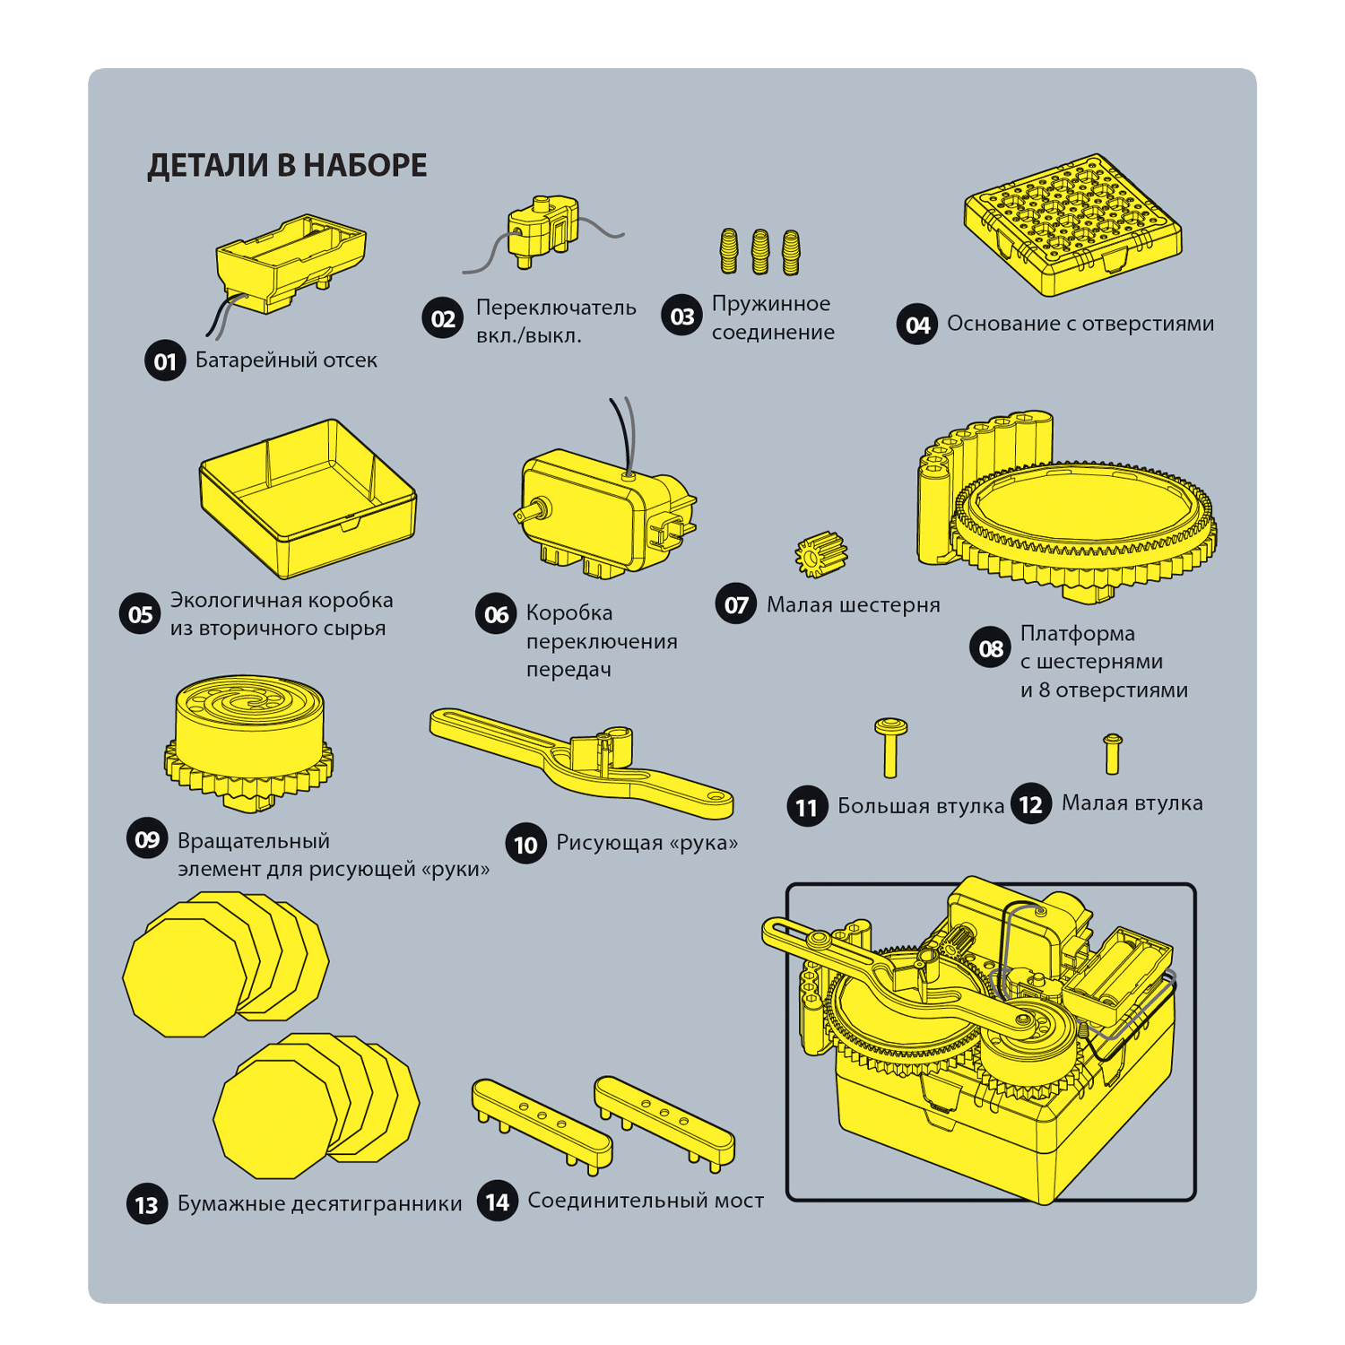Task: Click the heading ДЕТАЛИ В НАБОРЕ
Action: (287, 166)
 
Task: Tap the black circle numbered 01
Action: (165, 360)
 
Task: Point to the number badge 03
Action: (682, 317)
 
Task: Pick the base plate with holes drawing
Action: (1072, 224)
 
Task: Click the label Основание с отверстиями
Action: (1080, 324)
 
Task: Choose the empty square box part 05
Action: (308, 498)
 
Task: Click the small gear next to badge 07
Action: (820, 554)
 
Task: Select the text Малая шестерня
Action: (853, 605)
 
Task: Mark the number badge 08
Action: (990, 648)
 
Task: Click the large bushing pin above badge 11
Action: (890, 746)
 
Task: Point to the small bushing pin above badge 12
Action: (1113, 753)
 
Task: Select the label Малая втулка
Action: (1132, 803)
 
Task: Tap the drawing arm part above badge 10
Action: (581, 762)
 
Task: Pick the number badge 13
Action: (147, 1204)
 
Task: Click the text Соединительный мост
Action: (646, 1201)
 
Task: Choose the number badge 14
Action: (498, 1202)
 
